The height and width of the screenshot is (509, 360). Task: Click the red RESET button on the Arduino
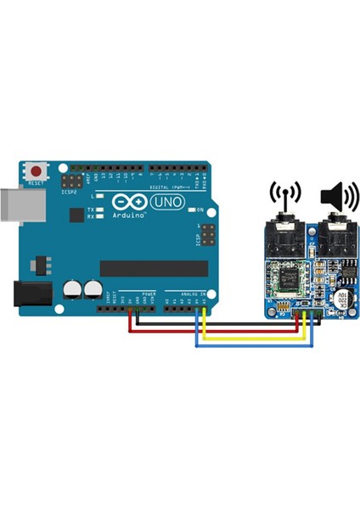pyautogui.click(x=37, y=171)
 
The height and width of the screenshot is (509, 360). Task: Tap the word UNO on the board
pyautogui.click(x=160, y=204)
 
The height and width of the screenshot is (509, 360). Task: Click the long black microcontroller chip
pyautogui.click(x=153, y=268)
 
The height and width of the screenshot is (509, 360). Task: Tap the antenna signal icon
pyautogui.click(x=285, y=194)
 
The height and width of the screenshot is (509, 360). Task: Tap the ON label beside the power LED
pyautogui.click(x=200, y=210)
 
